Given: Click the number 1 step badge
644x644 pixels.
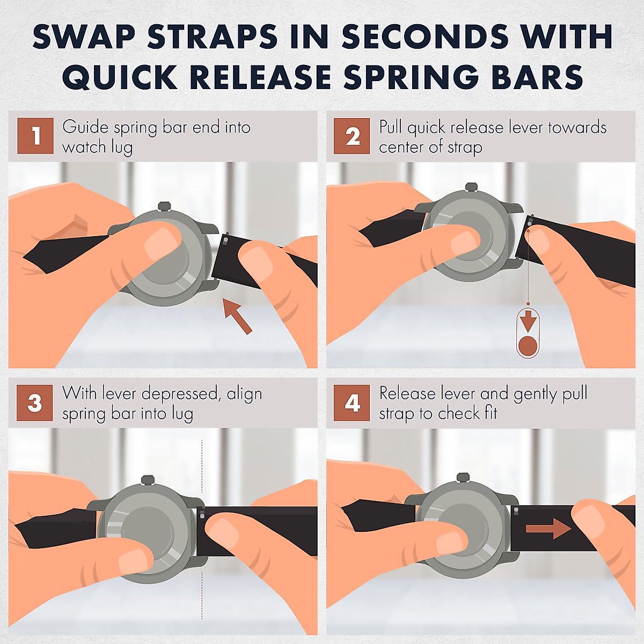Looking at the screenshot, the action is click(35, 136).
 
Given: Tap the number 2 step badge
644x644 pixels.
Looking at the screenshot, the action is click(352, 136).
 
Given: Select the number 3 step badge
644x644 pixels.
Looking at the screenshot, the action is click(35, 402).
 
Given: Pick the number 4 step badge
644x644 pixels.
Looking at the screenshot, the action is click(352, 402).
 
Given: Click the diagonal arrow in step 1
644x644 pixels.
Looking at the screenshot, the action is click(238, 316).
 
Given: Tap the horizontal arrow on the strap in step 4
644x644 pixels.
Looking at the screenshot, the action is click(548, 529).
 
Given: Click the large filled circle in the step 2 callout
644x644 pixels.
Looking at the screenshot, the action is click(528, 346).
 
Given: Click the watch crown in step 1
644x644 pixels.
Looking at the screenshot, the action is click(164, 207).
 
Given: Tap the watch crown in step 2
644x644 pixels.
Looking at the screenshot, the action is click(471, 187).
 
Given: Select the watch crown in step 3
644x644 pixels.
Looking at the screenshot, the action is click(148, 480).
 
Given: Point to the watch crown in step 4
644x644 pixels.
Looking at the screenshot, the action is click(463, 478).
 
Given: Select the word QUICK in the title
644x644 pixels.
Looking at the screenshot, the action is click(119, 77).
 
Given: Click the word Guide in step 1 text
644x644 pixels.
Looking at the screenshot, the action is click(85, 127).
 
